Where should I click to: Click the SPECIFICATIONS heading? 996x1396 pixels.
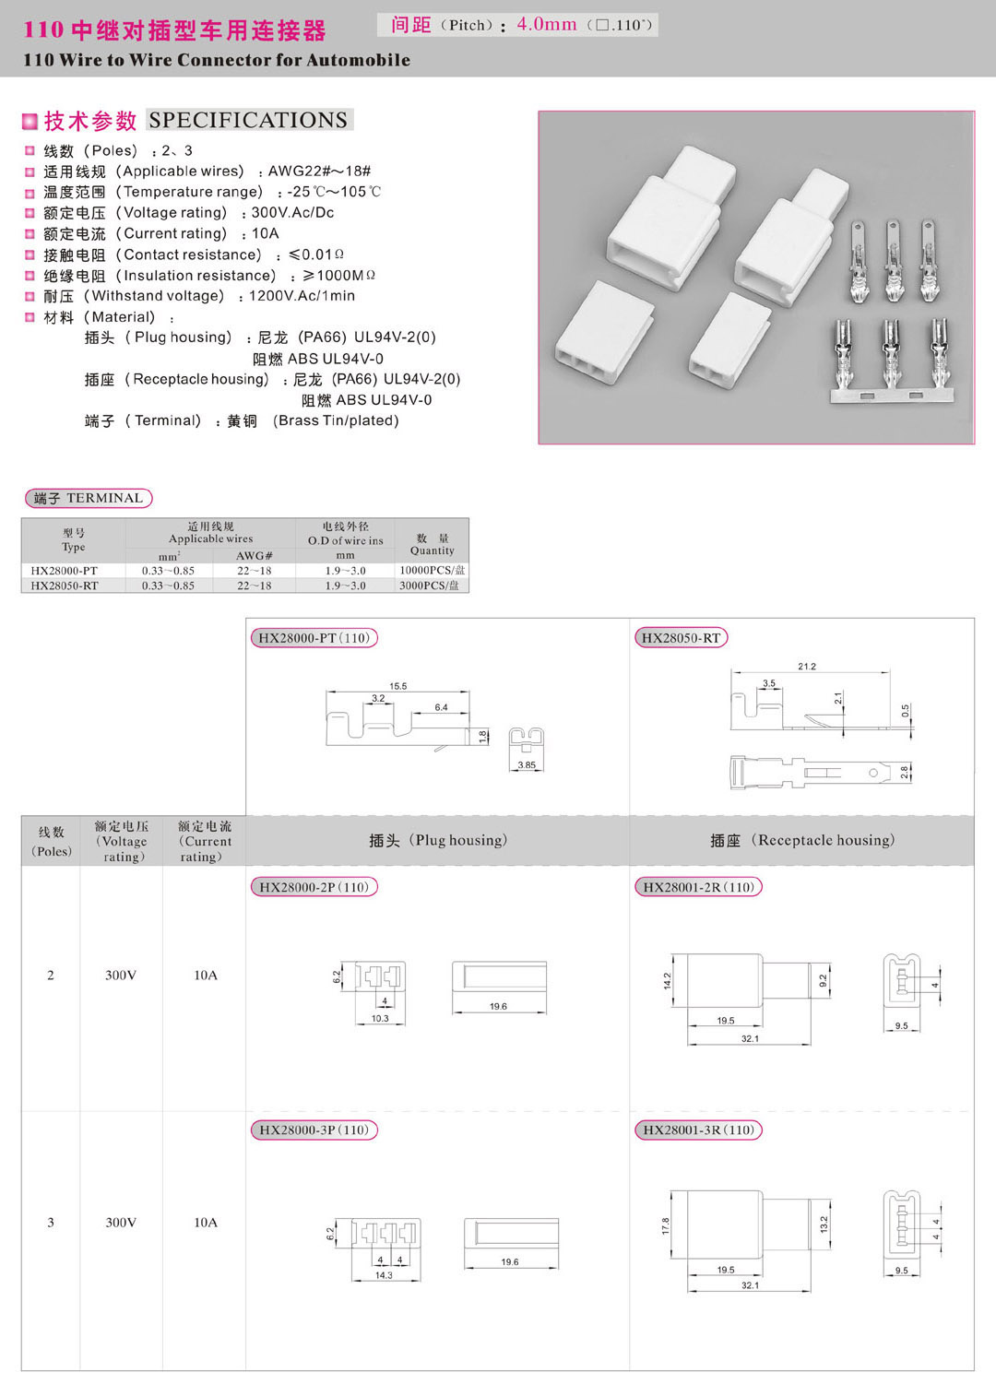pos(248,120)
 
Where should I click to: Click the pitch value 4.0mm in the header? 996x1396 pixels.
pos(546,24)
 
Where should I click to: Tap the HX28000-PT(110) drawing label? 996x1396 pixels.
pos(314,638)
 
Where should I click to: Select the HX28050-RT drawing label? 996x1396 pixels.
pos(681,638)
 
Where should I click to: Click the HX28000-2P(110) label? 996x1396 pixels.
pos(314,887)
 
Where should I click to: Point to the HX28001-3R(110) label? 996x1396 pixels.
pos(698,1130)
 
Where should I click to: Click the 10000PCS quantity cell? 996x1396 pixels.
pos(432,571)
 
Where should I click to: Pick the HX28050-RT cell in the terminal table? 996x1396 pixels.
pos(65,586)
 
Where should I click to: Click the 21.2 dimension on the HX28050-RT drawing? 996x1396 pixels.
pos(807,666)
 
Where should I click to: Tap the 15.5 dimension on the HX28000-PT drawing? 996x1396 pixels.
pos(397,686)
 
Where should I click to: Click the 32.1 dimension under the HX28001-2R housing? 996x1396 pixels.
pos(750,1039)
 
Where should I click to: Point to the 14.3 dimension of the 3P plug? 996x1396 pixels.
pos(384,1275)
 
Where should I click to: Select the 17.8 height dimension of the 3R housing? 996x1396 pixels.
pos(665,1225)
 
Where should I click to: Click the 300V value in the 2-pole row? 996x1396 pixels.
pos(121,976)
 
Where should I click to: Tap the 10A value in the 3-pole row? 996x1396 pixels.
pos(206,1223)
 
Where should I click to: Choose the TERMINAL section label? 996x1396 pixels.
pos(89,498)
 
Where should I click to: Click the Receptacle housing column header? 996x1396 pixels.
pos(801,840)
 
